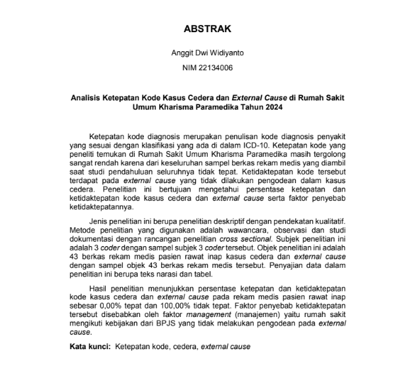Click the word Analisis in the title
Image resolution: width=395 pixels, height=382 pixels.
coord(89,96)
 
